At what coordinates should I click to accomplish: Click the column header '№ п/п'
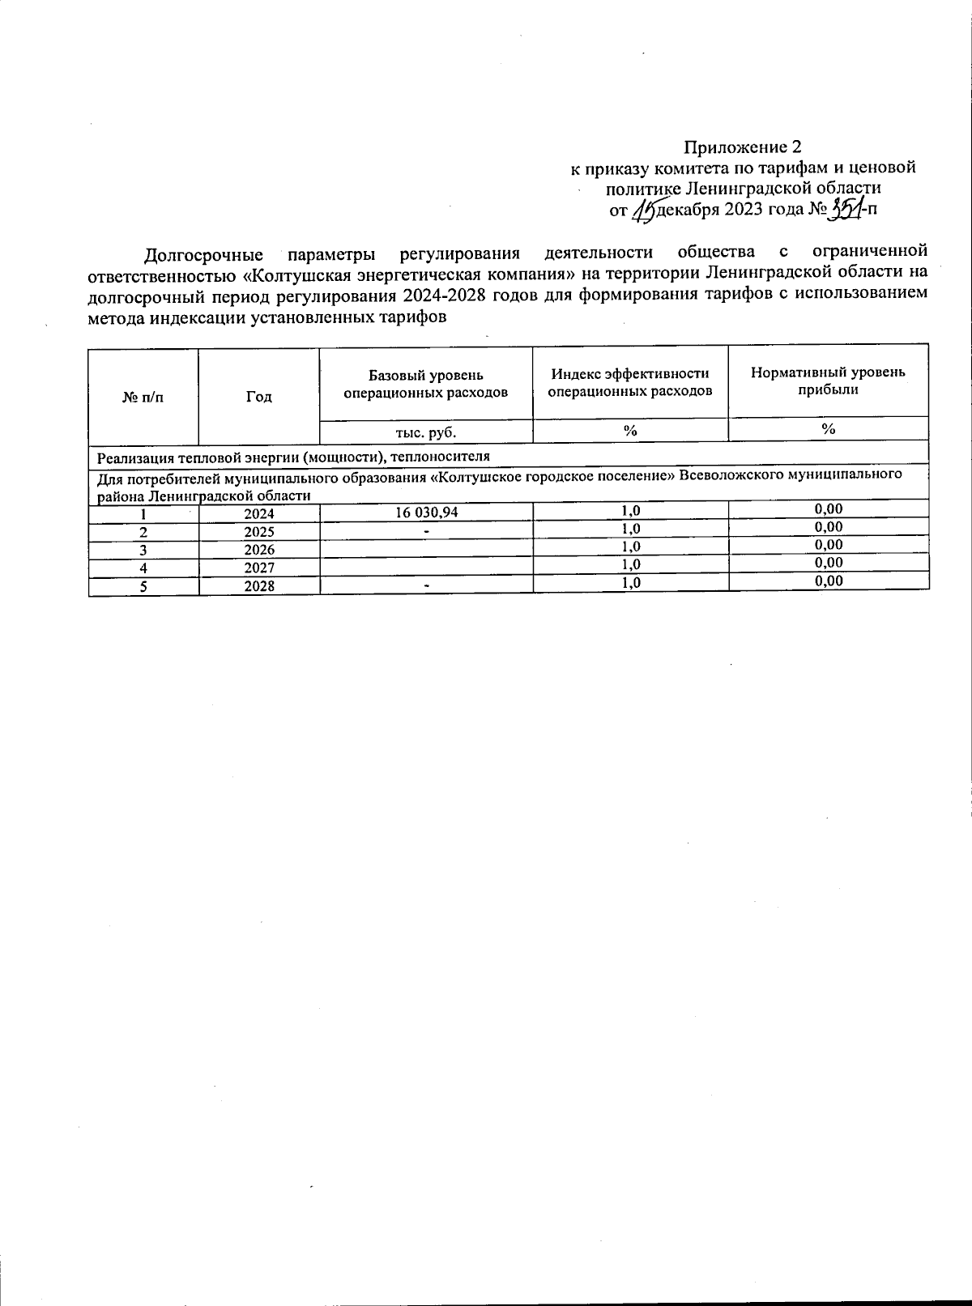(143, 397)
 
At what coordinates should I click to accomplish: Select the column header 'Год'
(259, 397)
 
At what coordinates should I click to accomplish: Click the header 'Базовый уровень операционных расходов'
(426, 384)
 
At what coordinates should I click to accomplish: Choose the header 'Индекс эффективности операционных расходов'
(630, 382)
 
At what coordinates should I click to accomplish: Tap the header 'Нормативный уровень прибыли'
(828, 381)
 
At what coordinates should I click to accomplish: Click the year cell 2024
(259, 514)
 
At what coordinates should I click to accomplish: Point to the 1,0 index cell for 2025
(630, 529)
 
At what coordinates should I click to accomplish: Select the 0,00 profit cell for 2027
(828, 563)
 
